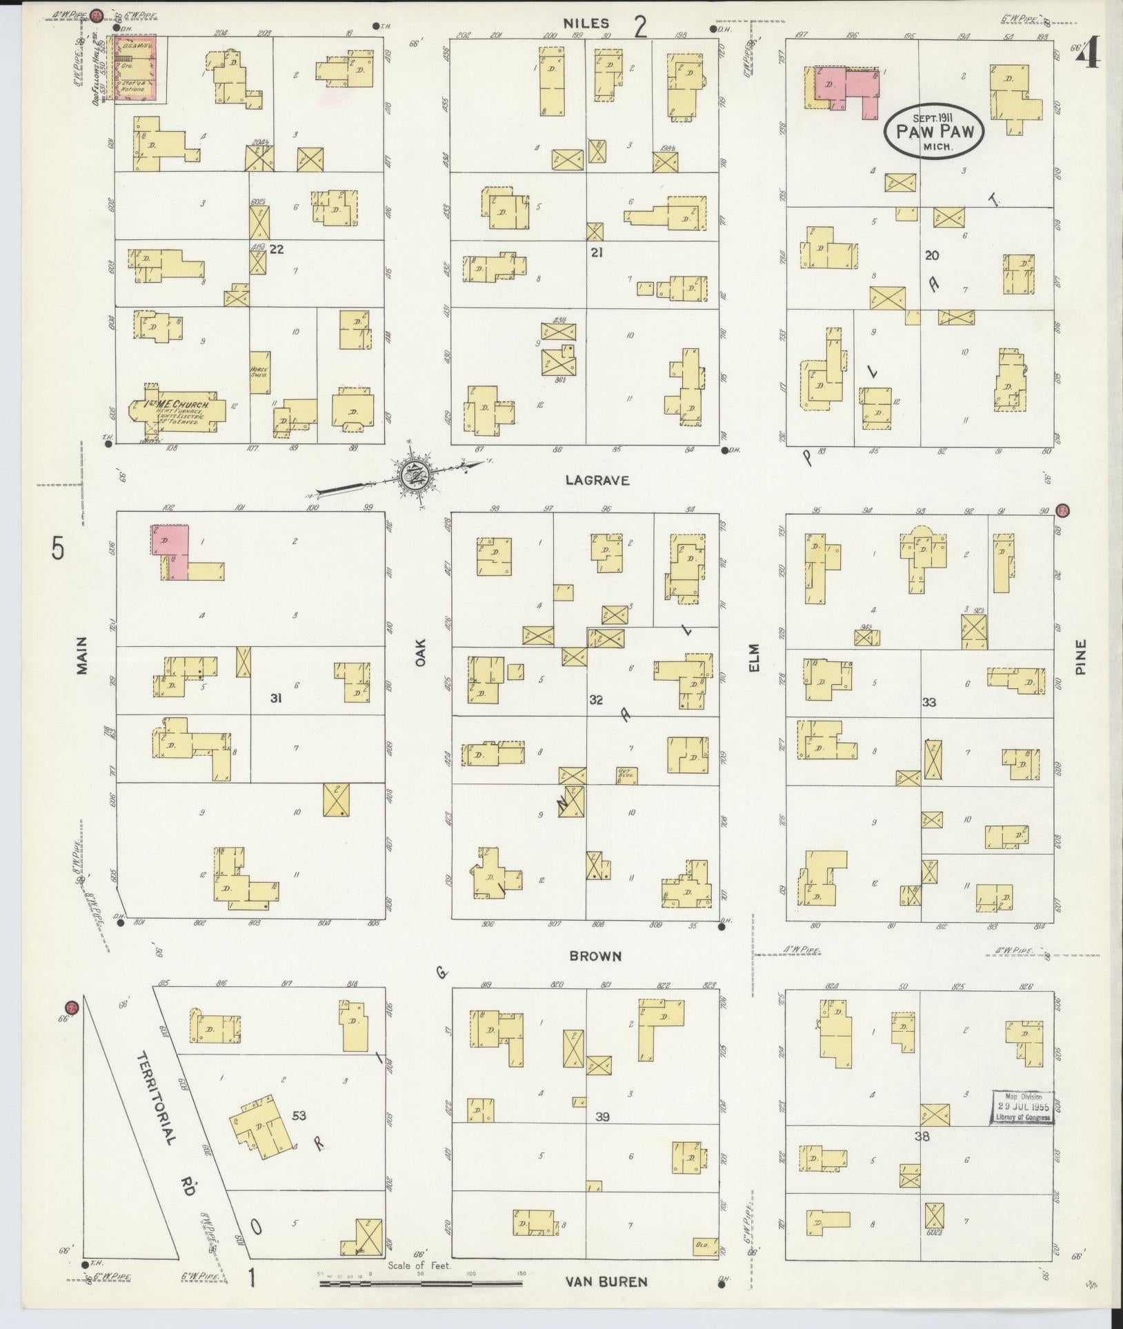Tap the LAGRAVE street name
[x=597, y=481]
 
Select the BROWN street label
[x=595, y=956]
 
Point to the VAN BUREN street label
[x=606, y=1282]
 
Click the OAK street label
[x=421, y=652]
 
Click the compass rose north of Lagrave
[x=414, y=474]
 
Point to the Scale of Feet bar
[x=421, y=1283]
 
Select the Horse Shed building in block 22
[x=259, y=372]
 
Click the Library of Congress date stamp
[x=1024, y=1107]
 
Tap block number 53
[x=299, y=1115]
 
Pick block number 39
[x=602, y=1116]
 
